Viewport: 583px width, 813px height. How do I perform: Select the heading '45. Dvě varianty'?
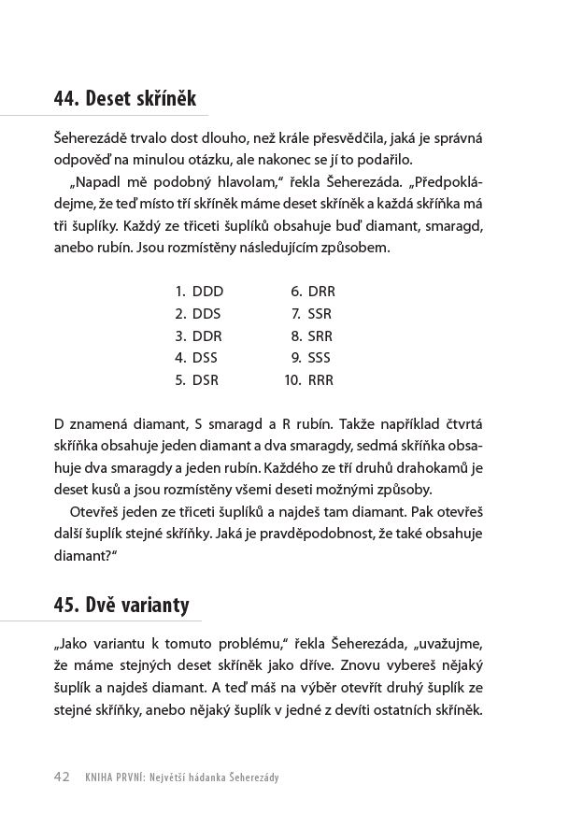coord(121,606)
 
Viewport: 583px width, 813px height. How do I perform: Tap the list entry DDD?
coord(207,292)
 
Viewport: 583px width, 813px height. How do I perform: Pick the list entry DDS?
coord(206,314)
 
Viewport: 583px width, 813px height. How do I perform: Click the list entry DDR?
coord(206,336)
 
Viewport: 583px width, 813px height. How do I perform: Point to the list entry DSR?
coord(206,380)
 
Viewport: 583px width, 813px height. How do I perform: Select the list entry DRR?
coord(320,292)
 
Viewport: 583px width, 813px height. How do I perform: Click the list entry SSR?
coord(320,314)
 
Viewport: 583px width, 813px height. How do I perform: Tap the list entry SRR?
coord(320,336)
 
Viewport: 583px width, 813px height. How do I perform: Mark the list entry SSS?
coord(319,358)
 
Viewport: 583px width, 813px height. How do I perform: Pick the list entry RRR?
coord(320,380)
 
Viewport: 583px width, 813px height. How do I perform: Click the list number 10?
coord(291,380)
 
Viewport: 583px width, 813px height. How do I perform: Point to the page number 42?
coord(63,777)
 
